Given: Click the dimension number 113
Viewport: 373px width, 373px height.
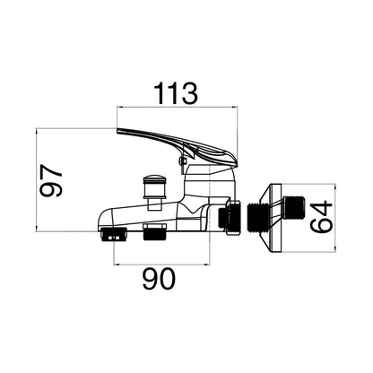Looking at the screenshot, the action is pyautogui.click(x=176, y=93).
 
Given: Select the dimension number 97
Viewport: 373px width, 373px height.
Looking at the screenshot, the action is pyautogui.click(x=51, y=180).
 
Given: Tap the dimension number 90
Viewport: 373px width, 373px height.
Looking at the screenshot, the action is pyautogui.click(x=159, y=279).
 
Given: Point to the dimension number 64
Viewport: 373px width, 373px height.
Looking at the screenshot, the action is pyautogui.click(x=321, y=217).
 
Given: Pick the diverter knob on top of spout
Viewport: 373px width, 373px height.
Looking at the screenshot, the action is pyautogui.click(x=153, y=187).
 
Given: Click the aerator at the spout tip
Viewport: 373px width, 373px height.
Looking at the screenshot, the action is pyautogui.click(x=114, y=234).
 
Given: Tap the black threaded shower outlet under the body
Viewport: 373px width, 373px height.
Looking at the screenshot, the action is pyautogui.click(x=155, y=232).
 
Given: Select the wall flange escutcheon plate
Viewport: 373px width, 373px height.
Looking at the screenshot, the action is pyautogui.click(x=272, y=218).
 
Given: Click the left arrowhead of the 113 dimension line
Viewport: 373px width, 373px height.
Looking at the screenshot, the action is pyautogui.click(x=119, y=107).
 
